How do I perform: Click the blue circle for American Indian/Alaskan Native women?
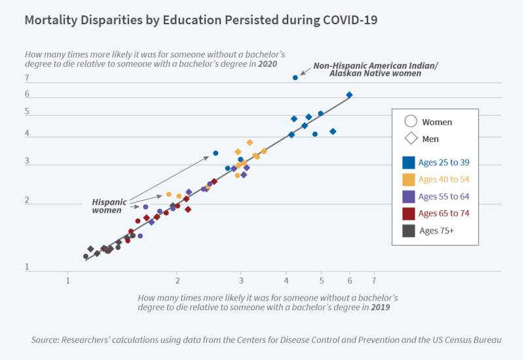point(295,78)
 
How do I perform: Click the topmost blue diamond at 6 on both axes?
point(349,95)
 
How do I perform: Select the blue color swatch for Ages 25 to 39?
point(409,162)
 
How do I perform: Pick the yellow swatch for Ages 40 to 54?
point(409,179)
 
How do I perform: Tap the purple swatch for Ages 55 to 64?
point(409,196)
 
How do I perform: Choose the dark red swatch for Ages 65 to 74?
point(409,213)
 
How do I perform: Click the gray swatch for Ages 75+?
point(409,230)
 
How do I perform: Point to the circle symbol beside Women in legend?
point(411,122)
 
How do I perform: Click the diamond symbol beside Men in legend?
point(411,139)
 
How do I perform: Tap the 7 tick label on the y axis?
point(27,79)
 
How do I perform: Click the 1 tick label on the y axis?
point(27,267)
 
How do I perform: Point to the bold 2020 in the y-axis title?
point(267,64)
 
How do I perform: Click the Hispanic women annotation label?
point(108,206)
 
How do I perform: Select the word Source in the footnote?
point(46,340)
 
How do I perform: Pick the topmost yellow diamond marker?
point(250,142)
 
